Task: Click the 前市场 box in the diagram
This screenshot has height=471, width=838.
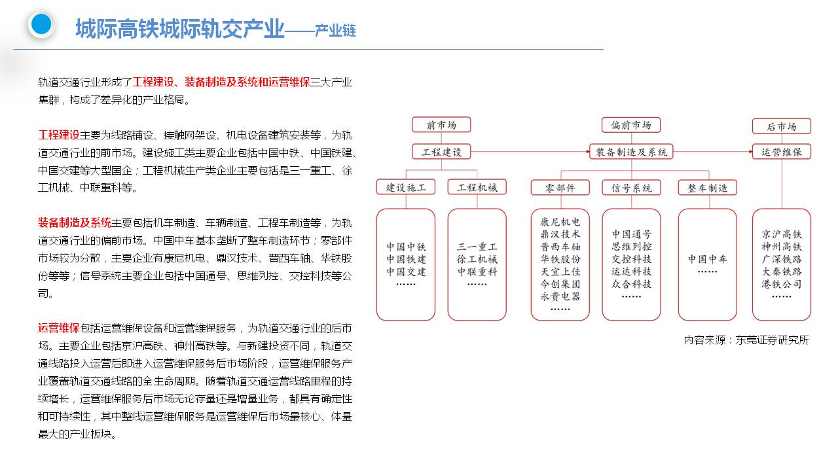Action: coord(441,125)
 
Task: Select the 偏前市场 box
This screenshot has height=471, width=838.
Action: coord(631,125)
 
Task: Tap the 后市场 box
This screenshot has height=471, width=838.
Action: coord(782,126)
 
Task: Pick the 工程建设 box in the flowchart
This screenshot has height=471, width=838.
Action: coord(441,152)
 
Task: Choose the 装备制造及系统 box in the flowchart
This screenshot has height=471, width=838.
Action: coord(631,152)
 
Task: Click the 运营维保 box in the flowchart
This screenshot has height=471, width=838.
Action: coord(782,152)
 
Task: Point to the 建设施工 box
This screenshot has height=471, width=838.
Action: coord(406,187)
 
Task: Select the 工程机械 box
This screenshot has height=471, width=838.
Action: coord(477,187)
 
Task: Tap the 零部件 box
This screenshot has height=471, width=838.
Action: coord(560,188)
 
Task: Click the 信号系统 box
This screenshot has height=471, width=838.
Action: coord(631,188)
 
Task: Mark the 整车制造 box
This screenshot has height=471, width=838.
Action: coord(707,188)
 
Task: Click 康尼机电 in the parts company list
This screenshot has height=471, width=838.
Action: coord(560,222)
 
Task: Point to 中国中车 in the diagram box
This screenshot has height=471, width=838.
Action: coord(707,259)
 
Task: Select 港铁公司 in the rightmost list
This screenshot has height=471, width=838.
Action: coord(782,284)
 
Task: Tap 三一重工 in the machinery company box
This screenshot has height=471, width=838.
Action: coord(477,247)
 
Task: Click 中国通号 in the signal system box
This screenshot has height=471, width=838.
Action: coord(631,234)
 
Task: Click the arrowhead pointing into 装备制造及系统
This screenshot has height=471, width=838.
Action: coord(587,152)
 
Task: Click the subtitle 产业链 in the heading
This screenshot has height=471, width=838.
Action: coord(335,31)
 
